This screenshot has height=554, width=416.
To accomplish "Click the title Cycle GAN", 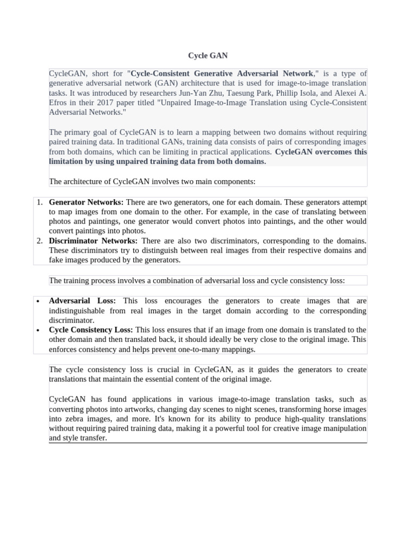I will point(208,55).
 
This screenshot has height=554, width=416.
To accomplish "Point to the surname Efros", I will point(58,103).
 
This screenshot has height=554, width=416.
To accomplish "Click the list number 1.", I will point(40,202).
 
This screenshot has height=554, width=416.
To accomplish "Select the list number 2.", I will point(40,241).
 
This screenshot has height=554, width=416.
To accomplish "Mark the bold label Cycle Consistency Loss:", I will point(91,330).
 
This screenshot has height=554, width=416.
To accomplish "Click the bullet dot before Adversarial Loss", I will point(37,301).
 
